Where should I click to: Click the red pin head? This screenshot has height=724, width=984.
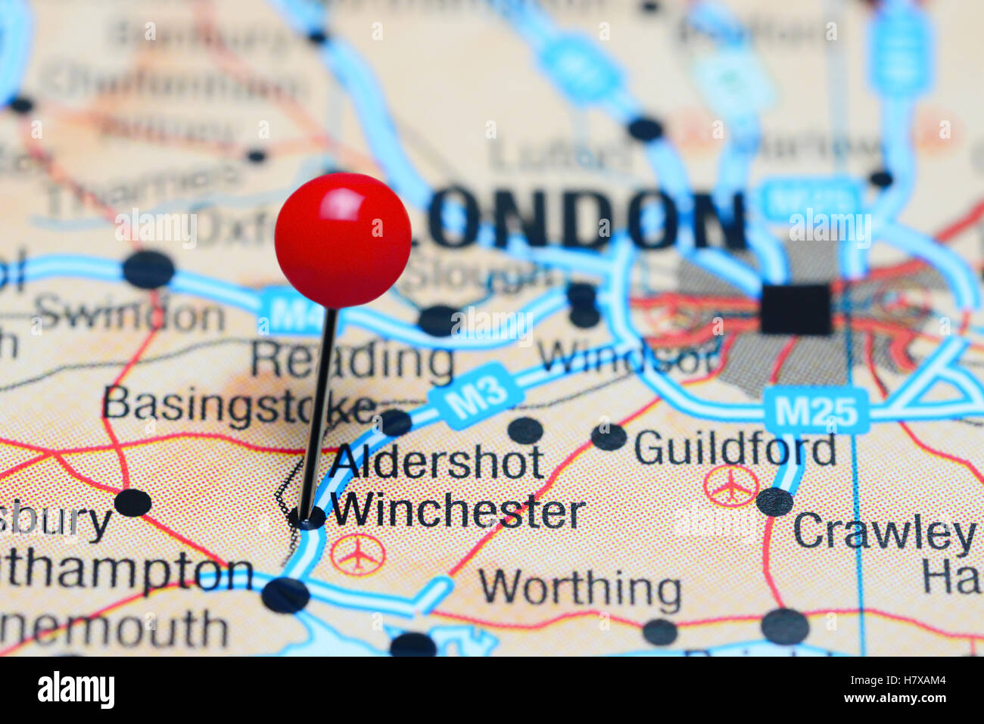click(x=343, y=240)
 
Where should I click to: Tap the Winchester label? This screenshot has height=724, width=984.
click(x=458, y=513)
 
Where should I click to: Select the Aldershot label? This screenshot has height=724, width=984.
click(x=437, y=463)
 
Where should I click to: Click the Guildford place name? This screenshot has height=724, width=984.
click(x=734, y=449)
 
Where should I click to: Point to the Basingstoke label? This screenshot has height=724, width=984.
click(x=238, y=405)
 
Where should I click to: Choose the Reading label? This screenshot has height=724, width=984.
click(x=352, y=362)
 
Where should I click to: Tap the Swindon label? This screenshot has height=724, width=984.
click(x=129, y=313)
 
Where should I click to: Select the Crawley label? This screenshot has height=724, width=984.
click(x=883, y=533)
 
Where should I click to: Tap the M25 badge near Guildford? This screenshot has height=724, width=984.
click(x=815, y=412)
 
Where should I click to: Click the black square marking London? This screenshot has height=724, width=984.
click(x=795, y=309)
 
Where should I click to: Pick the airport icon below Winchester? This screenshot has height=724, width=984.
click(x=357, y=555)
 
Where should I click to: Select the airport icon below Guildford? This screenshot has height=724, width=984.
click(x=730, y=486)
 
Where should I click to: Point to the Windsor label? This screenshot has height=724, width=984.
click(x=627, y=356)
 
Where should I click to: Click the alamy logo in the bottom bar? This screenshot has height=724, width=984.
click(x=76, y=690)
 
